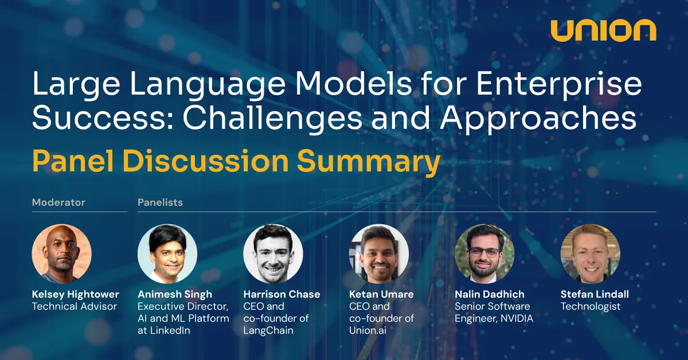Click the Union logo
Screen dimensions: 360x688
[603, 31]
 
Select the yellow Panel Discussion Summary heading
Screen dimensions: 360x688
[236, 162]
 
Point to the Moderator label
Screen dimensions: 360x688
[58, 202]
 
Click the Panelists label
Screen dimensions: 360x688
[160, 202]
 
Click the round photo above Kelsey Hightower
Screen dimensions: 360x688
[61, 254]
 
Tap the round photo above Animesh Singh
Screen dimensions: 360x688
[167, 254]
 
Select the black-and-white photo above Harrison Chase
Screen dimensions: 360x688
[273, 254]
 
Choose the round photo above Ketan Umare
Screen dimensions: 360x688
[379, 254]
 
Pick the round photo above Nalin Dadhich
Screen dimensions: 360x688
[484, 254]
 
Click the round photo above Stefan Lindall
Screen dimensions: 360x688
[590, 254]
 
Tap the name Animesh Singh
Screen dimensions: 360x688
[175, 294]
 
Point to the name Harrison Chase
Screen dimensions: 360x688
[282, 294]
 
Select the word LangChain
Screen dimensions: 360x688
[268, 331]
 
